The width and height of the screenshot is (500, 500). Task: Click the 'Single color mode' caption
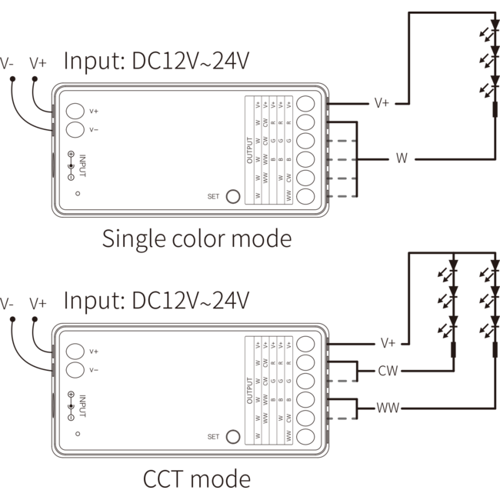(197, 238)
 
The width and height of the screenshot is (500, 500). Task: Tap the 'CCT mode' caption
(197, 479)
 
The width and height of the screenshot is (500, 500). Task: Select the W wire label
(401, 158)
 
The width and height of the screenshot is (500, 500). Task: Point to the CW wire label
(387, 372)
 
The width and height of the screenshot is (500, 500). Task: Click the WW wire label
(387, 407)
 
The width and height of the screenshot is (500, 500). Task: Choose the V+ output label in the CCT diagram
(387, 342)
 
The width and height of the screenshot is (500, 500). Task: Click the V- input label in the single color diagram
(7, 64)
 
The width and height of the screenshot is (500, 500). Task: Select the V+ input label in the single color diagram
(38, 64)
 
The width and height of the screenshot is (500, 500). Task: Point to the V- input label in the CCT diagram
(7, 304)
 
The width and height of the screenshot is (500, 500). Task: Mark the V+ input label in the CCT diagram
(38, 304)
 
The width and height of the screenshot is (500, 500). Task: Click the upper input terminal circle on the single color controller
(75, 111)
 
